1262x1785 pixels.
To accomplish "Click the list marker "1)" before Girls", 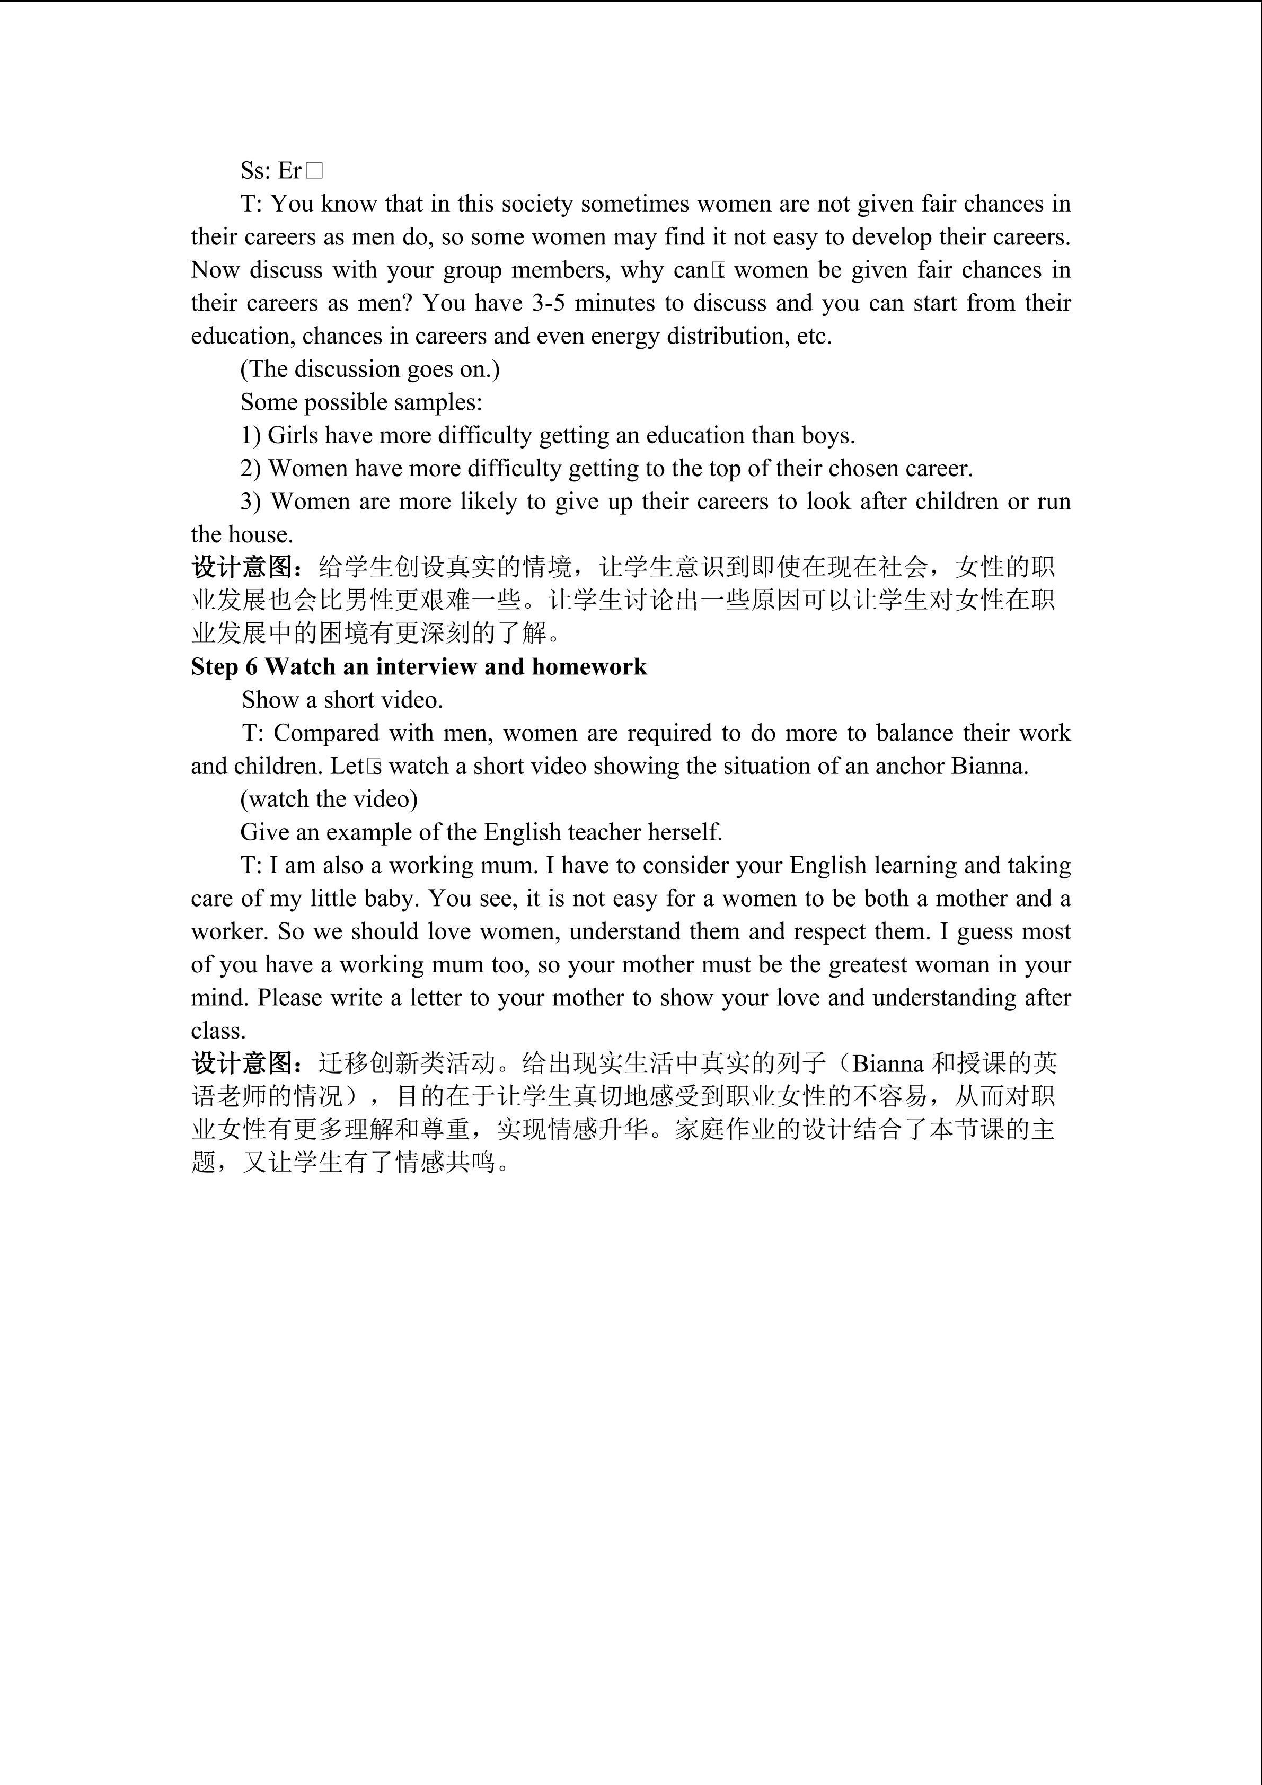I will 250,435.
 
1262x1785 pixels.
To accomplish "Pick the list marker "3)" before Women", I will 250,502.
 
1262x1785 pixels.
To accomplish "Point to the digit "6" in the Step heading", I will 251,667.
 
